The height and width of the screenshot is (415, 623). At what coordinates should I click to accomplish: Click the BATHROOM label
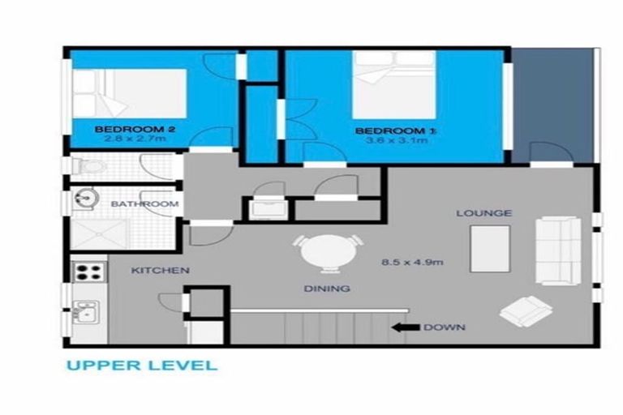point(144,204)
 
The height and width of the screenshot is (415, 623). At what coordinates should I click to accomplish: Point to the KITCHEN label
point(161,270)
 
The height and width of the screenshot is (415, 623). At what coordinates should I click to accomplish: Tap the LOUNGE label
point(483,213)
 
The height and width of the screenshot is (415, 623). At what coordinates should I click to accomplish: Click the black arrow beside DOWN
point(403,327)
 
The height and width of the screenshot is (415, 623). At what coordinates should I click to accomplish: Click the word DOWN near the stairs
point(444,327)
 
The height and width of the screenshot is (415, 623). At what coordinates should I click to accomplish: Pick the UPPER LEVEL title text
point(142,366)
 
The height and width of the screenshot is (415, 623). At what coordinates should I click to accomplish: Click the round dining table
point(331,253)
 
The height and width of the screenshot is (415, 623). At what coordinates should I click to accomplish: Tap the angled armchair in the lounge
point(523,310)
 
